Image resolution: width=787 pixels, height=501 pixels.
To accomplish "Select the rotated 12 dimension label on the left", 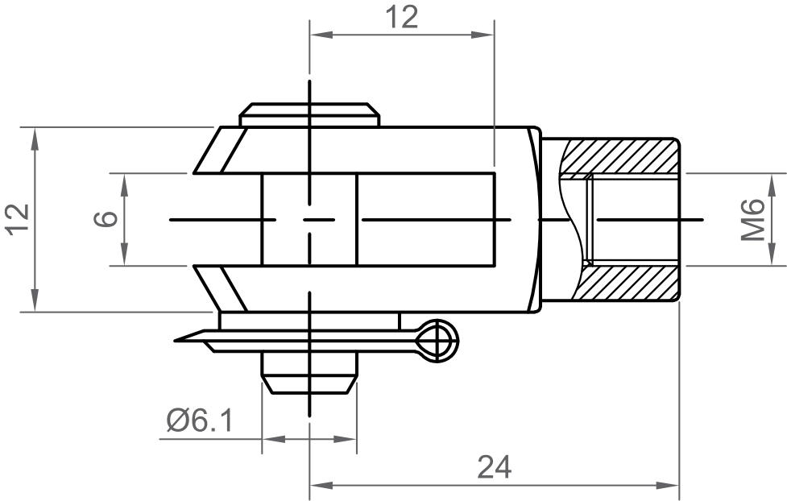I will coord(18,219).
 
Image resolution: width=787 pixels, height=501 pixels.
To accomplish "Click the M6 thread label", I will coord(752,219).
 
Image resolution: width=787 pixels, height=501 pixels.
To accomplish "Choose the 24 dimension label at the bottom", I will coord(494,466).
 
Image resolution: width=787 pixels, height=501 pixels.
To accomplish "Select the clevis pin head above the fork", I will coord(309,114).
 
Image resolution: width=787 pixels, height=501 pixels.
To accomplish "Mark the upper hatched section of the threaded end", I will coord(620,155).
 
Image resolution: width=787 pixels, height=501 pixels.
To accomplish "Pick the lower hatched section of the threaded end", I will coord(628,284).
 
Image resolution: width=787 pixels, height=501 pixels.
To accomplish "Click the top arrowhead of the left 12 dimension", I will coord(35,137).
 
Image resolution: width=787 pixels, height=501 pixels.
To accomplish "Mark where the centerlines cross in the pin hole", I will coord(309,219).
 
